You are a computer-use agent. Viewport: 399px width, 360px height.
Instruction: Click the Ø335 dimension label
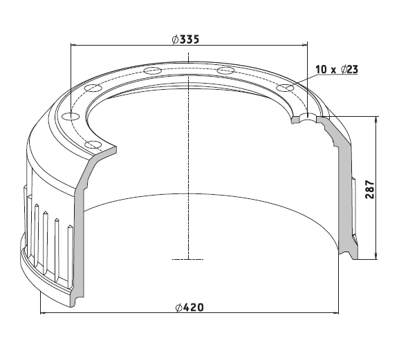pyautogui.click(x=186, y=39)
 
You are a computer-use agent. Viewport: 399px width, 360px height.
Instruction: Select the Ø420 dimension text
pyautogui.click(x=190, y=307)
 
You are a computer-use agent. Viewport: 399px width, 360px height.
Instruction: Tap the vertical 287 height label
pyautogui.click(x=370, y=189)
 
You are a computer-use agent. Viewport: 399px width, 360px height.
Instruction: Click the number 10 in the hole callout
pyautogui.click(x=322, y=69)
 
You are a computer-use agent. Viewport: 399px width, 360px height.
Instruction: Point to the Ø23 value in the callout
pyautogui.click(x=350, y=69)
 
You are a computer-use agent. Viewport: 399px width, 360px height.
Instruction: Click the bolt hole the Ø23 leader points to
pyautogui.click(x=286, y=88)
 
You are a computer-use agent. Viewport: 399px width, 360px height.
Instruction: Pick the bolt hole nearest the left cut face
pyautogui.click(x=93, y=145)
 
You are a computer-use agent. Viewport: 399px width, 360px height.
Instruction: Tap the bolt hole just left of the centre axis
pyautogui.click(x=152, y=70)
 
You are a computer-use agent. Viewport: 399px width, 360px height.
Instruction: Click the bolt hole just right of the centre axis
pyautogui.click(x=225, y=70)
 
